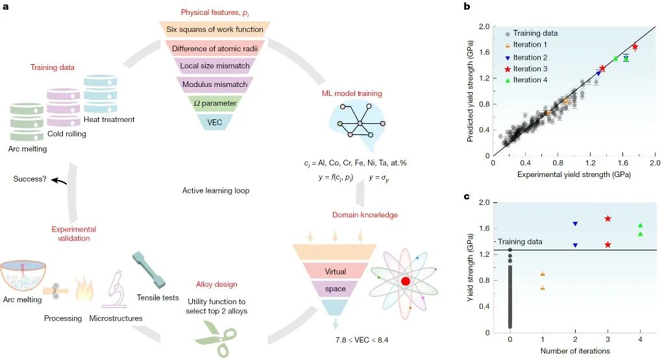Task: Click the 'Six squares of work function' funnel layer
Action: tap(215, 29)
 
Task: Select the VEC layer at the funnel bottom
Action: tap(215, 122)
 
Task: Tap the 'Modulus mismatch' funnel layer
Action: tap(215, 84)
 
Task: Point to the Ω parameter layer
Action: tap(215, 103)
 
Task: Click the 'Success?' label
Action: tap(30, 179)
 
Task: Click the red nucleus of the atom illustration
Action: tap(406, 281)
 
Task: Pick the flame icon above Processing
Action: tap(84, 289)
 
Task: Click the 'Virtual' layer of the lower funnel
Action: tap(336, 271)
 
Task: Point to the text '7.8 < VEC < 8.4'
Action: tap(362, 340)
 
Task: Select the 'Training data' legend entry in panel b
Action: tap(532, 33)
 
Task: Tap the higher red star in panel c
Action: tap(608, 219)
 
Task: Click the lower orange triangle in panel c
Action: tap(543, 287)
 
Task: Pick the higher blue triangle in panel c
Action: tap(575, 223)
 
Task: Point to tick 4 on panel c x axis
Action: tap(640, 339)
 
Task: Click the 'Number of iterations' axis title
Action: tap(575, 351)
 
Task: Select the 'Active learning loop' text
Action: tap(215, 190)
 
